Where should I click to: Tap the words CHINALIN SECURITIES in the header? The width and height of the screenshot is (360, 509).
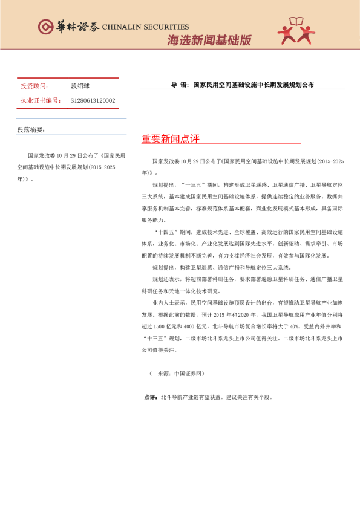146,27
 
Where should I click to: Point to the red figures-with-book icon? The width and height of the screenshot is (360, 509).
296,31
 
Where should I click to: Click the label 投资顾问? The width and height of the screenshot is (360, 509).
34,86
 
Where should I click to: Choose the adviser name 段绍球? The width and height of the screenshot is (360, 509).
81,86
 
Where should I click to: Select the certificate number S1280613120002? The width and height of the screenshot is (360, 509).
93,100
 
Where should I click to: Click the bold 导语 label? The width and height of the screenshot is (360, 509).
180,85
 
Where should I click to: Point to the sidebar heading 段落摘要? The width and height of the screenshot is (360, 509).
31,130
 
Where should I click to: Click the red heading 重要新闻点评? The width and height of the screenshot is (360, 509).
171,139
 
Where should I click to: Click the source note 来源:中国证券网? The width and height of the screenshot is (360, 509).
180,374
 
